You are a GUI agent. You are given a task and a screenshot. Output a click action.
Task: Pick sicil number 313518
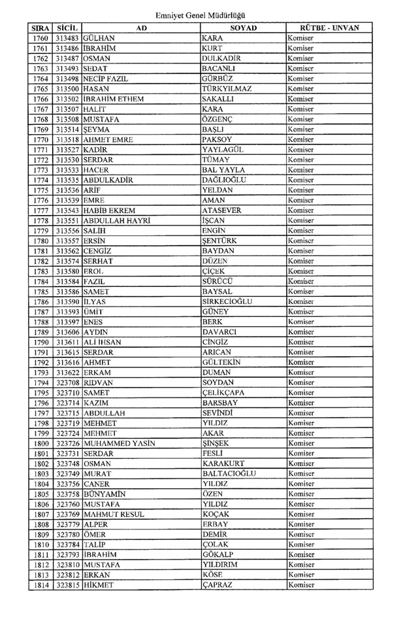(68, 139)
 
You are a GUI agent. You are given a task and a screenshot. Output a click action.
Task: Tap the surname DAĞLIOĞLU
(230, 179)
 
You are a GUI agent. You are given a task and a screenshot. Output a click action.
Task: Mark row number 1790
(40, 341)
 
